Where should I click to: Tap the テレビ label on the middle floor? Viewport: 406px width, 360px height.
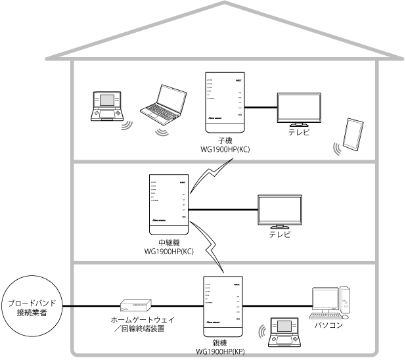(281, 234)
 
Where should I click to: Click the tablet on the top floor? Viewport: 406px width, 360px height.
(353, 135)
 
